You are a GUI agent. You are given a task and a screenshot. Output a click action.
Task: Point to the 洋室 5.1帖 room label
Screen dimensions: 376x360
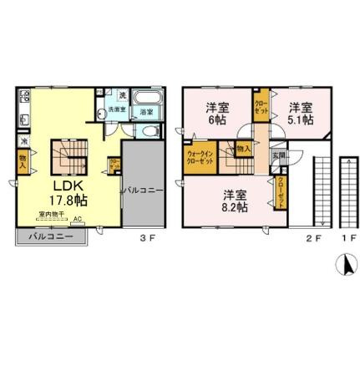pos(302,112)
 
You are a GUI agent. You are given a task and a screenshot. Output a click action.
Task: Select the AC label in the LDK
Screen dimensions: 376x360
pos(78,221)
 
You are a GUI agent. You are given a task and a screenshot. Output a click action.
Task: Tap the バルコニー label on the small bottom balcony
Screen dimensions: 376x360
pos(48,237)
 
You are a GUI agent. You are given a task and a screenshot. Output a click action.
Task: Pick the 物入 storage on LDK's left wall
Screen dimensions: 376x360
pos(23,159)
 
